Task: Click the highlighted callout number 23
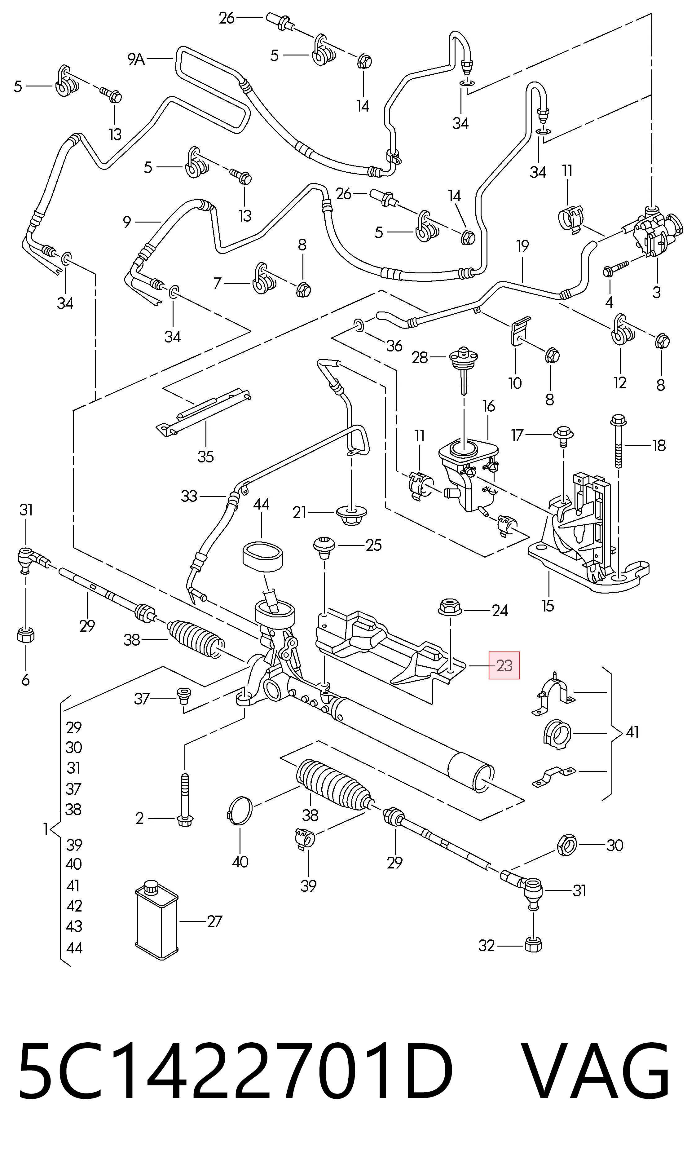(504, 666)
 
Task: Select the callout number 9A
(136, 59)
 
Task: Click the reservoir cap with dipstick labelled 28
(463, 366)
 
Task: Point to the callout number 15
(548, 606)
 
